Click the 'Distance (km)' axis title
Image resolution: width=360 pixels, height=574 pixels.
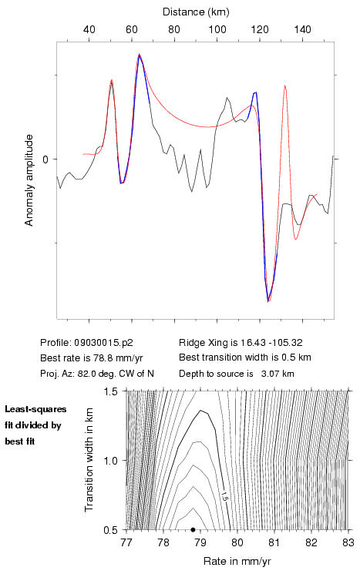click(x=196, y=12)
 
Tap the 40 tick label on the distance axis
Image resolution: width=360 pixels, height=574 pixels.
click(x=89, y=29)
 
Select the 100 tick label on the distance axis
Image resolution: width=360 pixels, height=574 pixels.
click(x=217, y=29)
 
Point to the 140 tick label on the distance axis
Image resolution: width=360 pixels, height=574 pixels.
click(x=302, y=29)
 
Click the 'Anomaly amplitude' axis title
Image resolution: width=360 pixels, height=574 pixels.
click(x=29, y=180)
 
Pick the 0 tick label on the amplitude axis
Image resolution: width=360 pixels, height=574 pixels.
click(x=45, y=159)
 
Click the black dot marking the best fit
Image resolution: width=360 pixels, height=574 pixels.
click(x=193, y=529)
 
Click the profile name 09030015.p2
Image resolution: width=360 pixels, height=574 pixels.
click(x=103, y=343)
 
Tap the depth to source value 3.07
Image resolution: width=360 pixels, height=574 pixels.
click(x=269, y=374)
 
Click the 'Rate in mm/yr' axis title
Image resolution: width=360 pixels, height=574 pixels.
click(x=237, y=561)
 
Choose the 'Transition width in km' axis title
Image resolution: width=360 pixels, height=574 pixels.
click(x=89, y=460)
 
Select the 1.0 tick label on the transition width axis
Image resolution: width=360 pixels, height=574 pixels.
click(x=110, y=461)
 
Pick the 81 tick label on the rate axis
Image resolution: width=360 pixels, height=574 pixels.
click(x=274, y=542)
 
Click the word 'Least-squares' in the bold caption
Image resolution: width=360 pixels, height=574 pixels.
click(x=35, y=409)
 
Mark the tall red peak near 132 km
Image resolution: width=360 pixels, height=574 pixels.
click(x=285, y=86)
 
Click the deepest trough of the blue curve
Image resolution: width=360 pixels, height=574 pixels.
click(x=268, y=300)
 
